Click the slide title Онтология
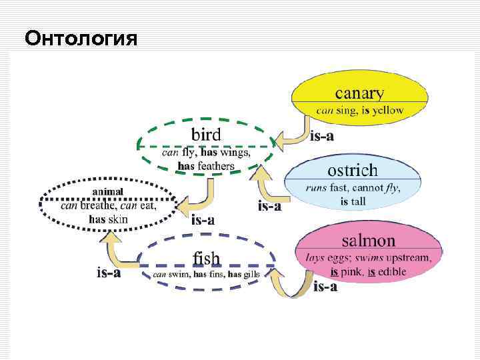[x=81, y=39]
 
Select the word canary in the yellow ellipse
[x=359, y=93]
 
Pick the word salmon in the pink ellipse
[x=368, y=241]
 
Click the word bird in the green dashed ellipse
[x=206, y=133]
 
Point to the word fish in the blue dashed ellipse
[x=206, y=257]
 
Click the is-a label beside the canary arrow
[x=322, y=136]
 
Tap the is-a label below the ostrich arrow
[x=269, y=206]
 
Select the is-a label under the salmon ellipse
[x=325, y=287]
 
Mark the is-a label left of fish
[x=109, y=272]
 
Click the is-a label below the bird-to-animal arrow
[x=203, y=219]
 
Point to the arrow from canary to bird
[x=294, y=134]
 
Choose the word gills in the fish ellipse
[x=251, y=274]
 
